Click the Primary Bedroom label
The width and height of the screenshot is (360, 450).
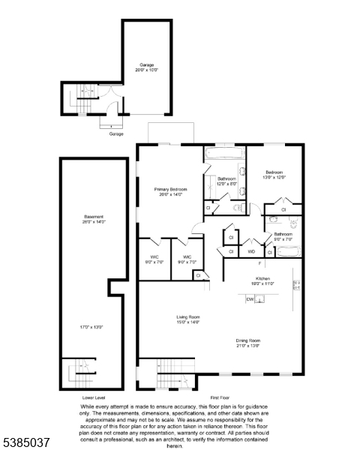[x=170, y=189]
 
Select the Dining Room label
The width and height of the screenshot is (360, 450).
[x=248, y=340]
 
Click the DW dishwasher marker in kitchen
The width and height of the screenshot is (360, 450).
[x=250, y=298]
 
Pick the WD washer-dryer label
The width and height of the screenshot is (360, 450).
[x=252, y=251]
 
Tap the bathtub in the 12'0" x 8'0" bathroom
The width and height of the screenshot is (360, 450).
[x=224, y=154]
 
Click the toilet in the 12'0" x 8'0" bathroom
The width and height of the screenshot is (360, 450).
[x=238, y=207]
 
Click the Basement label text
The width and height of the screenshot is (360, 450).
[x=94, y=217]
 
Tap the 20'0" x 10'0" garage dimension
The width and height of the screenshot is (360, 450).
[x=146, y=70]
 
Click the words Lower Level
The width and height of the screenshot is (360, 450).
[x=94, y=397]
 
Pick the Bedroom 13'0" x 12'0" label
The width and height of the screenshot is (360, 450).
[x=274, y=174]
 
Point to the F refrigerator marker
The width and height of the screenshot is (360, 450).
[x=259, y=264]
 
